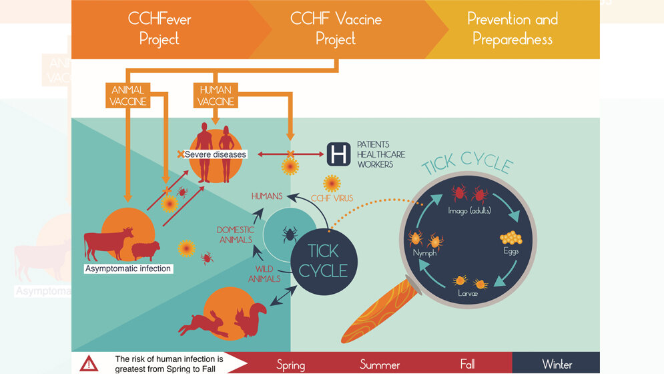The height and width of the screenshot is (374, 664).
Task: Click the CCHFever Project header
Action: (159, 29)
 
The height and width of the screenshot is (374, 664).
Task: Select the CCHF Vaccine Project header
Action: (336, 29)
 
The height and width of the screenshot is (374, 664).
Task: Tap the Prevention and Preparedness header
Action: (512, 29)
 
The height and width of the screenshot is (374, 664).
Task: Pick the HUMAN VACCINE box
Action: (215, 96)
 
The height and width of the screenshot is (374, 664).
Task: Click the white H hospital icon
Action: (338, 154)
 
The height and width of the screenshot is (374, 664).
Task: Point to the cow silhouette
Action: (109, 243)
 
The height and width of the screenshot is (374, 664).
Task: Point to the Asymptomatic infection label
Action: (128, 268)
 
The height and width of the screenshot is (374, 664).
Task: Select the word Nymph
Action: (424, 254)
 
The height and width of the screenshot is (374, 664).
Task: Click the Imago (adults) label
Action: (470, 211)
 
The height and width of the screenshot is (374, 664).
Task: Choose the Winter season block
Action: (556, 364)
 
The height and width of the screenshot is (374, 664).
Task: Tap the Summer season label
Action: (380, 365)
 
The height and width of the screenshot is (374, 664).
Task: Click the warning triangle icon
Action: (89, 363)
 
